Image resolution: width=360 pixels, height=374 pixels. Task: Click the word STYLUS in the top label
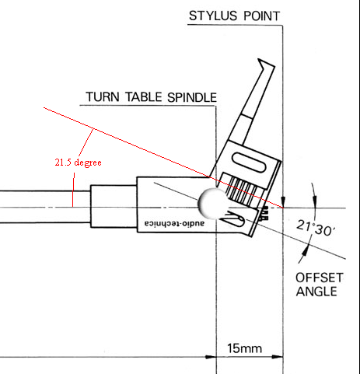pyautogui.click(x=212, y=16)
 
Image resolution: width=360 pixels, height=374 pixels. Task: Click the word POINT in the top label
pyautogui.click(x=262, y=16)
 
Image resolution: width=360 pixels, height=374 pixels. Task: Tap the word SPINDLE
pyautogui.click(x=192, y=97)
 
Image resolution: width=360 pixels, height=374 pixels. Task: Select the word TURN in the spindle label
pyautogui.click(x=103, y=97)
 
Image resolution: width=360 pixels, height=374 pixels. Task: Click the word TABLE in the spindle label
pyautogui.click(x=144, y=97)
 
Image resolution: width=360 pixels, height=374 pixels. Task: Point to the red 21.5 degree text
pyautogui.click(x=78, y=163)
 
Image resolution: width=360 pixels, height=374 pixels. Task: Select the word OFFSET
pyautogui.click(x=320, y=278)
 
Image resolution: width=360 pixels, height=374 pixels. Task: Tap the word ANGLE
pyautogui.click(x=316, y=292)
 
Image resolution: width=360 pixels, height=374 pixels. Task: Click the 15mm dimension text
pyautogui.click(x=244, y=348)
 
